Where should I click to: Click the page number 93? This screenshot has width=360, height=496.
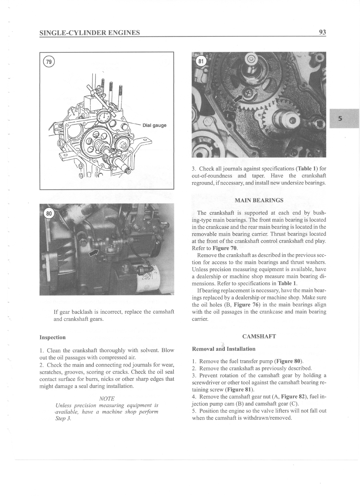pyautogui.click(x=322, y=32)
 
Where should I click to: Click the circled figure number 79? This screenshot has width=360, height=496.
pyautogui.click(x=48, y=62)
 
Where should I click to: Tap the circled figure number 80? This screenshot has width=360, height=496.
pyautogui.click(x=48, y=213)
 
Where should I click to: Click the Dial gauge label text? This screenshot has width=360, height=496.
pyautogui.click(x=154, y=125)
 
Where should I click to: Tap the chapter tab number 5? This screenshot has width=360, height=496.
pyautogui.click(x=340, y=118)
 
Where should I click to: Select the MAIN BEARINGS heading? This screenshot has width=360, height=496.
pyautogui.click(x=259, y=200)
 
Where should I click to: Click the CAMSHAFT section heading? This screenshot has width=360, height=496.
pyautogui.click(x=259, y=336)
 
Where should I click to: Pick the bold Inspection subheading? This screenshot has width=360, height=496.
pyautogui.click(x=52, y=337)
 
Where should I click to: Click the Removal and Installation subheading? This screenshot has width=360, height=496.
pyautogui.click(x=224, y=349)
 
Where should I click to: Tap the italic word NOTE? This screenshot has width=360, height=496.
pyautogui.click(x=107, y=398)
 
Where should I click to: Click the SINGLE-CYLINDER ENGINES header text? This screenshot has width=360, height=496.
pyautogui.click(x=90, y=32)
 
